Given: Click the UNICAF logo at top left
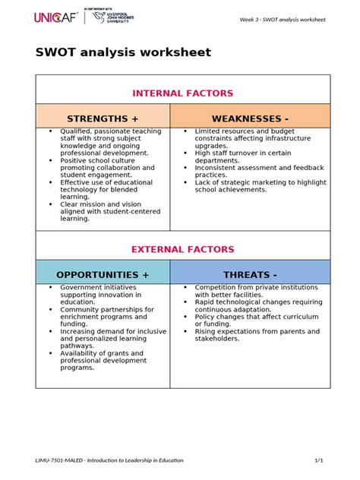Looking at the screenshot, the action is (x=56, y=17).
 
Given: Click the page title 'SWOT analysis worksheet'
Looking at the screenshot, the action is (x=123, y=52).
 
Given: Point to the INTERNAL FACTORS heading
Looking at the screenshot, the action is (x=183, y=93).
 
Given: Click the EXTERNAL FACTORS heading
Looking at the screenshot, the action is (x=183, y=249).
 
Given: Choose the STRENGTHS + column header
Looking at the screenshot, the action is (x=103, y=119).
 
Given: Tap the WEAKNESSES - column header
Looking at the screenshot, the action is (x=250, y=119).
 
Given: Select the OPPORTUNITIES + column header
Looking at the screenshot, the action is (x=103, y=274).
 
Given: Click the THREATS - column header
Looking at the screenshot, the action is (x=250, y=274).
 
